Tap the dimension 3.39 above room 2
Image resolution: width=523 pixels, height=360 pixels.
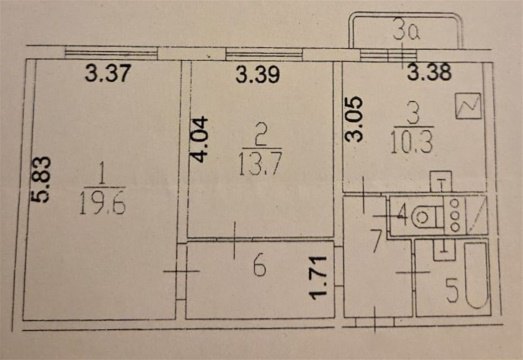point(258,72)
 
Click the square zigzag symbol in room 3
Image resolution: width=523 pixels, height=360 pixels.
point(467,105)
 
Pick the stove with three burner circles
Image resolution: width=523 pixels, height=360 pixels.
point(452,213)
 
